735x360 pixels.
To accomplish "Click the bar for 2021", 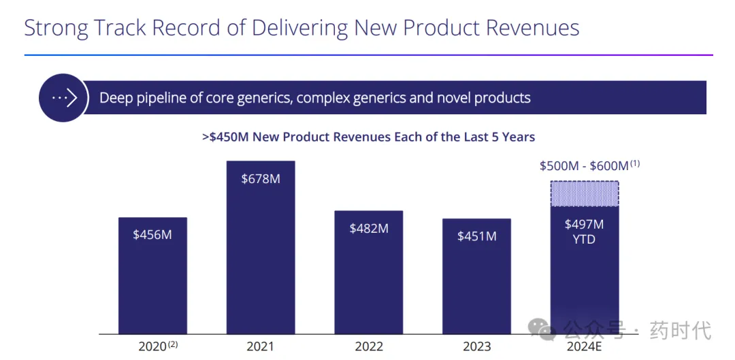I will pyautogui.click(x=261, y=259).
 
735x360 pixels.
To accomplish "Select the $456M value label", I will pyautogui.click(x=152, y=235).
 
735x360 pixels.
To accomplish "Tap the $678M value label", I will pyautogui.click(x=261, y=179).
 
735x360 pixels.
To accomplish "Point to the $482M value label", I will pyautogui.click(x=369, y=228).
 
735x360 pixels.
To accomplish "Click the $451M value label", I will pyautogui.click(x=476, y=236).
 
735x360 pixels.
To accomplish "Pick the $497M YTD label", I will pyautogui.click(x=584, y=231).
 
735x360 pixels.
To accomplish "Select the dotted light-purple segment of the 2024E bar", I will pyautogui.click(x=584, y=193).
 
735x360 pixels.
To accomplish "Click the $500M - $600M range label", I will pyautogui.click(x=584, y=166).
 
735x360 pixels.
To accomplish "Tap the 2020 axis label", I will pyautogui.click(x=153, y=346).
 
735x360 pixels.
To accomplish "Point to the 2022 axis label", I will pyautogui.click(x=369, y=346).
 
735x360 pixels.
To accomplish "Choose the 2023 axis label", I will pyautogui.click(x=476, y=346).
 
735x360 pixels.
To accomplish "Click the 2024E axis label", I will pyautogui.click(x=584, y=346).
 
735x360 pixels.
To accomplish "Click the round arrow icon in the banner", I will pyautogui.click(x=63, y=98).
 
